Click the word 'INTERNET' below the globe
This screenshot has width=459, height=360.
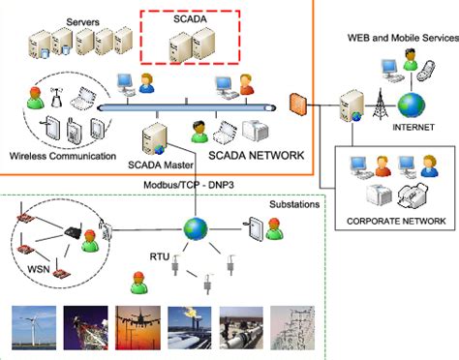point(413,126)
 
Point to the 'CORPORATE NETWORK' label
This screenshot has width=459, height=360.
point(396,221)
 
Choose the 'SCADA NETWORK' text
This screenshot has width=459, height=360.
point(256,155)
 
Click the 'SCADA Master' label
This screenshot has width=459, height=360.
point(158,164)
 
